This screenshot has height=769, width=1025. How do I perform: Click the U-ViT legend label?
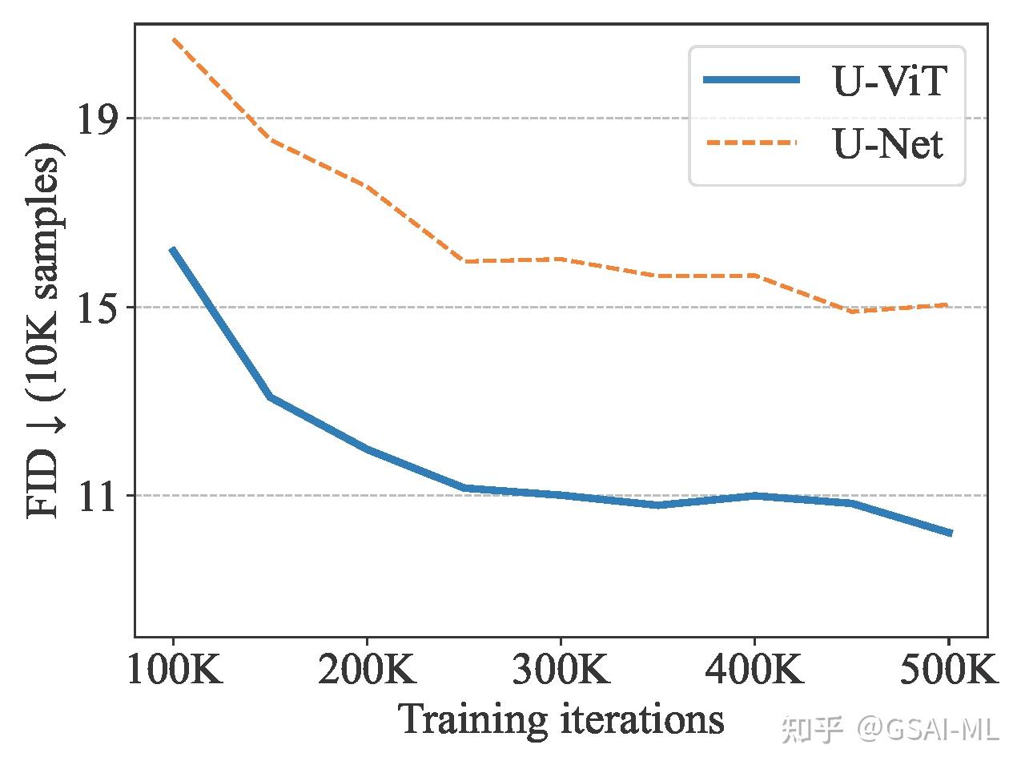pos(890,80)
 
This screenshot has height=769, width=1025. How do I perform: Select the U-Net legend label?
pos(888,144)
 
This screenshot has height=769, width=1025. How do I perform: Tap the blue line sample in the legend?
pos(751,79)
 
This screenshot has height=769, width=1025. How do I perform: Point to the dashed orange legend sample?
pos(751,143)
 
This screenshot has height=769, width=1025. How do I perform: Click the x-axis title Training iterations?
pos(561,719)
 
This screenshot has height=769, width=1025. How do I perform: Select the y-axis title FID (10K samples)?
pos(45,330)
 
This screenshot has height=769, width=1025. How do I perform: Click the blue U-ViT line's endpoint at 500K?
pos(950,533)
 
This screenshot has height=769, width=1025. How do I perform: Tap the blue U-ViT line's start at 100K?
pos(172,250)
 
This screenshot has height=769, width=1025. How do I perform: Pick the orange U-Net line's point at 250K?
pos(464,261)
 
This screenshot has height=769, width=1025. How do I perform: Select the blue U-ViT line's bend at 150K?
pos(271,397)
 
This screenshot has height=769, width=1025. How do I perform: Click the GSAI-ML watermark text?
pos(928,728)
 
